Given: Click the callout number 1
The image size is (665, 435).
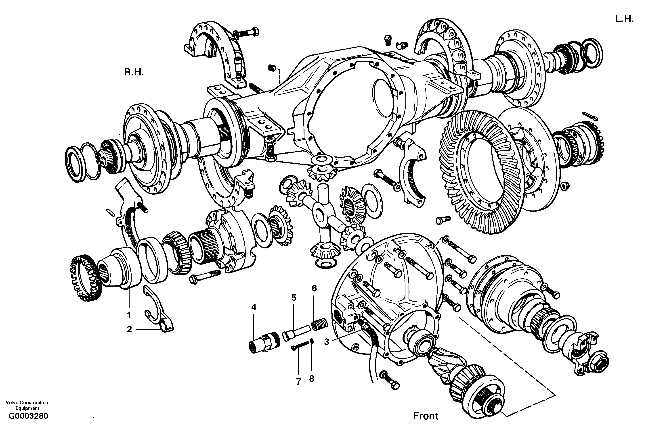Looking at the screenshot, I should tap(129, 315).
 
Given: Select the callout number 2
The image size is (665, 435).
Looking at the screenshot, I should tap(129, 329).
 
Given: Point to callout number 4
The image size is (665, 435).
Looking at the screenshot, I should tap(254, 307).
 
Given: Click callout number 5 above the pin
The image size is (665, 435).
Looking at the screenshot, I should tap(294, 298).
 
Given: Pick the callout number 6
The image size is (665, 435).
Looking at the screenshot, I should tap(314, 288).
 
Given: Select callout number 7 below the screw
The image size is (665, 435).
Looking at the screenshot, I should tap(298, 381).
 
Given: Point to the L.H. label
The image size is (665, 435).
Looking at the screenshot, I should tap(624, 19).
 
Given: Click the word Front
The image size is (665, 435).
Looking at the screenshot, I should tap(426, 416).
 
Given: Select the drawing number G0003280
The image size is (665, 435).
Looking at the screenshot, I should tap(29, 416).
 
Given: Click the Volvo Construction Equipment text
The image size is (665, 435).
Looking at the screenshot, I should tap(27, 405).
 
